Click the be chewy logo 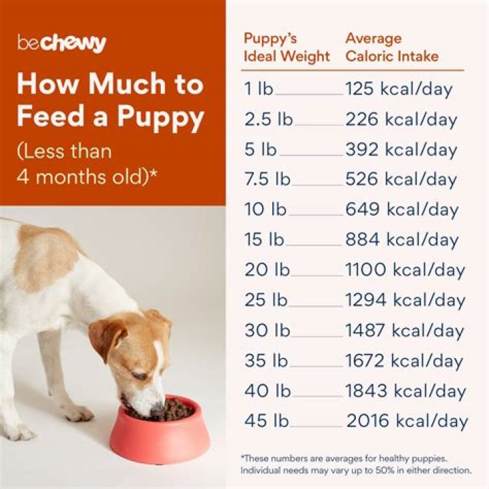point(62,43)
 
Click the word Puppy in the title point(160,117)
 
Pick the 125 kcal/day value point(399,89)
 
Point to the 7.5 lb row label point(268,179)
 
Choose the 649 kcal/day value point(401,210)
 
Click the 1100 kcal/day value point(405,270)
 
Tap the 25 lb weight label point(267,300)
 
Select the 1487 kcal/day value point(405,331)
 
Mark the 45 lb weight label point(267,421)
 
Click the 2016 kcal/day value point(407,421)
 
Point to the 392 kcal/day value point(401,149)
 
